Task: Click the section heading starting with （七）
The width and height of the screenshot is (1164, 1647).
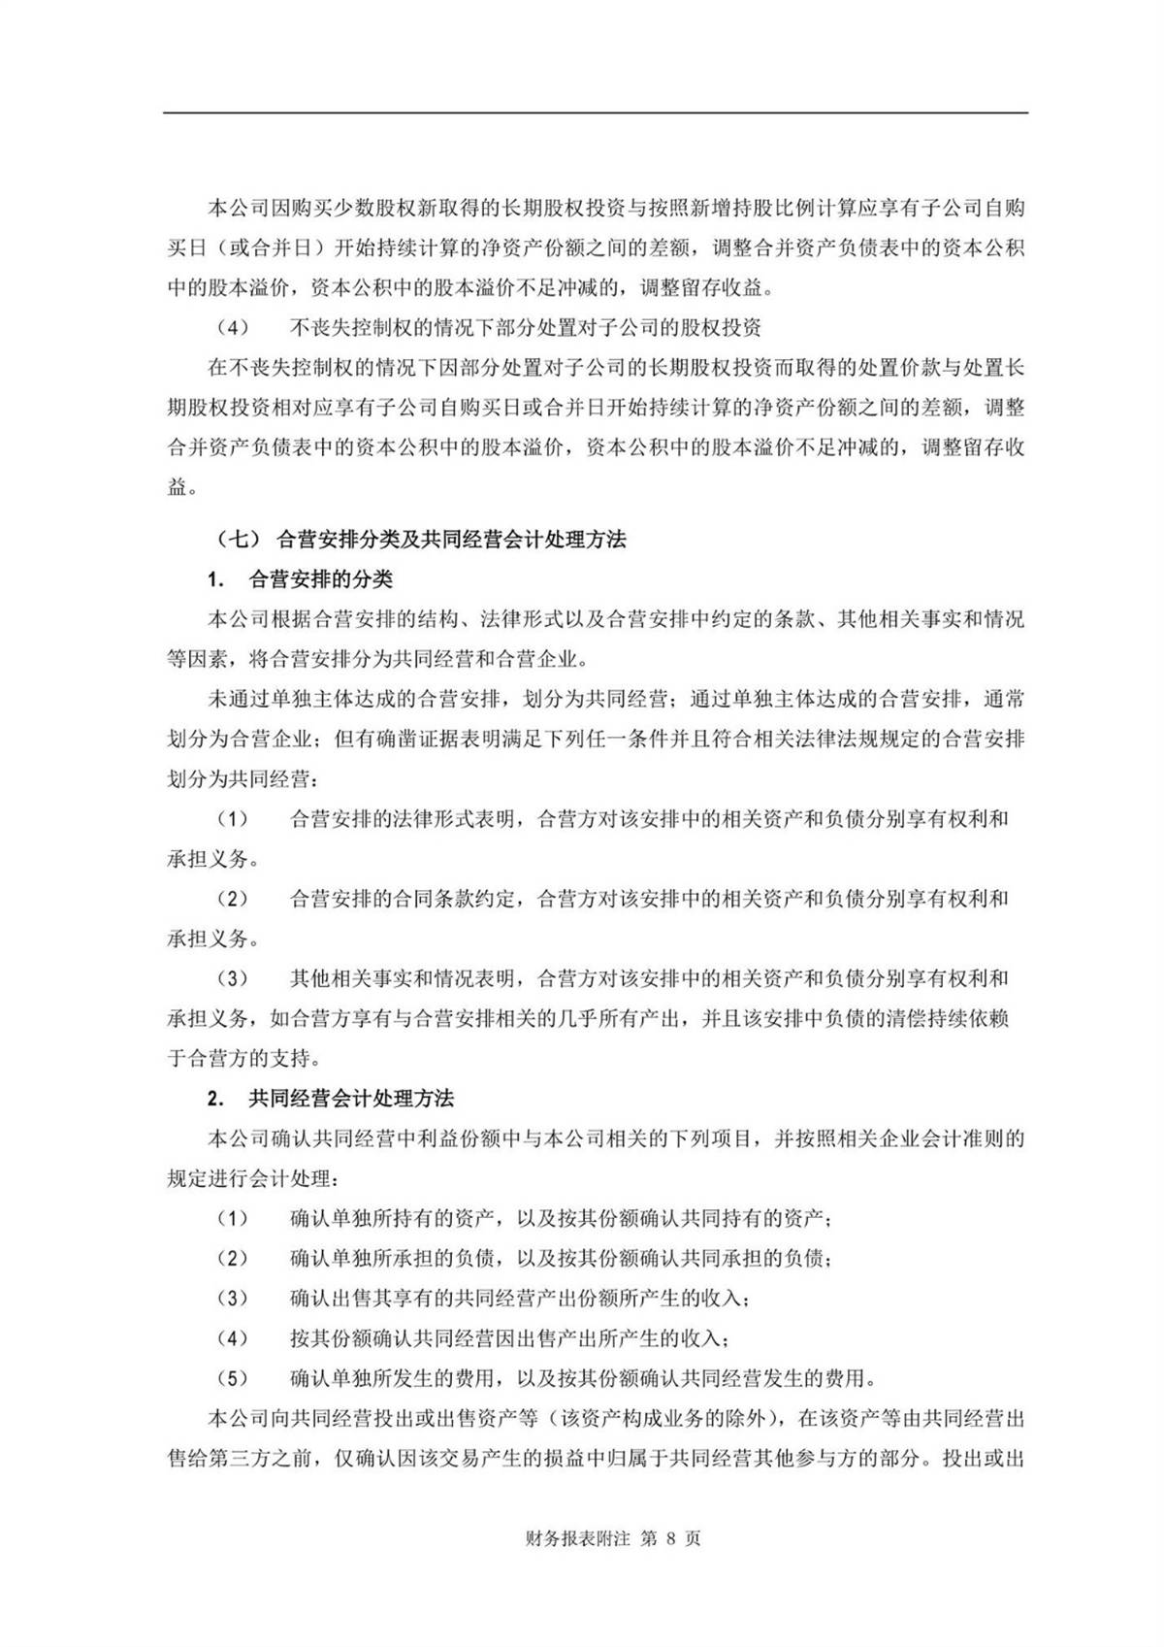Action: point(419,540)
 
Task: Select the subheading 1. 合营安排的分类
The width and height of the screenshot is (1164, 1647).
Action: point(301,580)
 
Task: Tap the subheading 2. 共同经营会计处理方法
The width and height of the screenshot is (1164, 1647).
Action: point(331,1099)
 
